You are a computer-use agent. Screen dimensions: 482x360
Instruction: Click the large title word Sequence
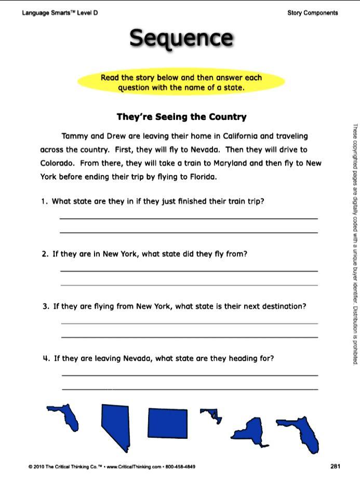coord(181,38)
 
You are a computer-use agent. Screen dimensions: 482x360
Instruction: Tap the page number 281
coord(335,466)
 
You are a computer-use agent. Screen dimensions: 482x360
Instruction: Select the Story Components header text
coord(312,13)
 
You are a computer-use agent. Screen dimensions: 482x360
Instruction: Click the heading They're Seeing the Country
coord(181,117)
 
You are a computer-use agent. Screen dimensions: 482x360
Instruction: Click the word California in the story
coord(240,137)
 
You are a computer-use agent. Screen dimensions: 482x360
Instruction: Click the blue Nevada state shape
coord(115,427)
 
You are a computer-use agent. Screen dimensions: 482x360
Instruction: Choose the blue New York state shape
coord(250,431)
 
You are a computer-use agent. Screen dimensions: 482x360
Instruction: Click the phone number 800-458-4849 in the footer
coord(181,467)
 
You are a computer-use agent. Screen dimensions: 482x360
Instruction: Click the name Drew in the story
coord(116,137)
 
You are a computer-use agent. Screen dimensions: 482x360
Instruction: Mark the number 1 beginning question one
coord(44,202)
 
